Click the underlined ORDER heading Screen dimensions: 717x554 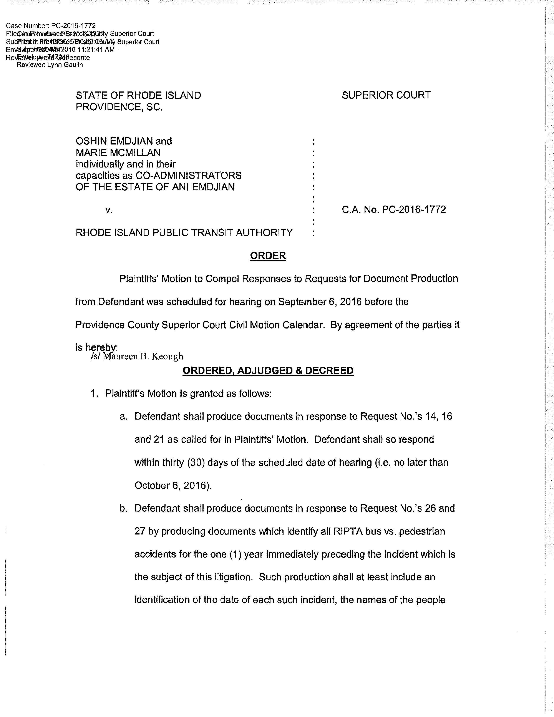click(x=268, y=256)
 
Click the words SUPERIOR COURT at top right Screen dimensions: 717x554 click(x=386, y=95)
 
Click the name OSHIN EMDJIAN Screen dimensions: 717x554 click(x=114, y=141)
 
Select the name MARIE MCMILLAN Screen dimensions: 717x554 click(x=118, y=153)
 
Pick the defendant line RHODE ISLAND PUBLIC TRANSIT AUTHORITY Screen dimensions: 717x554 click(x=184, y=233)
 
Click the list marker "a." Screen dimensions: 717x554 click(x=123, y=417)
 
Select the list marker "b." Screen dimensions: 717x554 click(x=123, y=509)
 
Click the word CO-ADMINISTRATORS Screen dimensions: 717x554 click(x=189, y=176)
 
